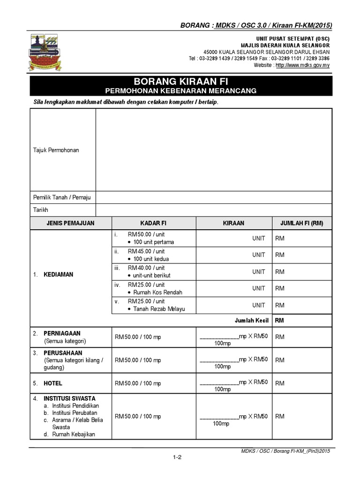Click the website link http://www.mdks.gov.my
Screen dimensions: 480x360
click(302, 65)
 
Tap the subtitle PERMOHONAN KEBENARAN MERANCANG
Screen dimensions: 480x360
click(181, 91)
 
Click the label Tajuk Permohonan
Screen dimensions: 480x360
click(56, 150)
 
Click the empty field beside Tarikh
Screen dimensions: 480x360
click(213, 210)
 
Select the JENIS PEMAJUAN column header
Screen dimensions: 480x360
click(70, 223)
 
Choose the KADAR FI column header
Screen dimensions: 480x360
click(153, 223)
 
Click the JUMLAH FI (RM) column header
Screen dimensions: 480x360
click(301, 223)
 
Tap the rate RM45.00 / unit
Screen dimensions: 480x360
click(146, 251)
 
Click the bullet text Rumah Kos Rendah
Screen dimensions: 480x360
click(158, 292)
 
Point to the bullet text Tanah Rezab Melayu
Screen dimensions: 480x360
click(159, 309)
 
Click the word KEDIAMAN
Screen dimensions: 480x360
click(59, 274)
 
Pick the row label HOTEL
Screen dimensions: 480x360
click(53, 383)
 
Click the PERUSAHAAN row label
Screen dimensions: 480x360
click(63, 352)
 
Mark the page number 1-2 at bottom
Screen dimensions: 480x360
click(177, 458)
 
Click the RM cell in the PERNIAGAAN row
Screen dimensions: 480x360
click(280, 337)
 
